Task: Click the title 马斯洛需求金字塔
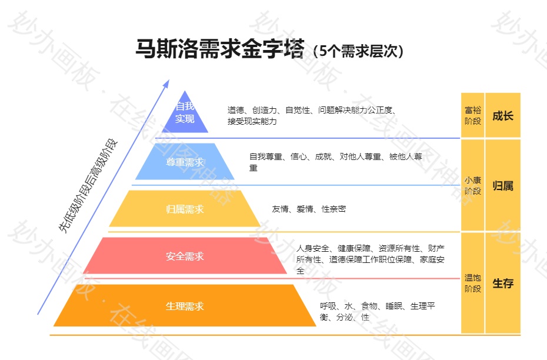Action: (x=220, y=49)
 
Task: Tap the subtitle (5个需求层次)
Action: (x=358, y=51)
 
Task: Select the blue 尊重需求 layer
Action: (x=185, y=162)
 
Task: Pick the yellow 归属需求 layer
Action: (x=185, y=209)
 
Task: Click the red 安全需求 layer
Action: (x=185, y=256)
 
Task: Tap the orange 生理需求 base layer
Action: (x=185, y=306)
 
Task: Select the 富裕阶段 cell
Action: (x=473, y=115)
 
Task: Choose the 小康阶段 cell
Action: (x=473, y=185)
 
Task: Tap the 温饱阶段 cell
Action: (x=473, y=283)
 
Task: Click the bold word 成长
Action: (x=503, y=115)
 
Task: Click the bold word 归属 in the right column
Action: (x=503, y=186)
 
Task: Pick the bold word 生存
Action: (x=503, y=283)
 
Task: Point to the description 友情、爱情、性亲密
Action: (x=309, y=209)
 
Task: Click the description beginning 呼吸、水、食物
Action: (x=377, y=311)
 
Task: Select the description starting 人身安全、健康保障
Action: (x=371, y=259)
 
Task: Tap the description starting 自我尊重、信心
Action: (x=336, y=162)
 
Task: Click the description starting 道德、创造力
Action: (x=312, y=115)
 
